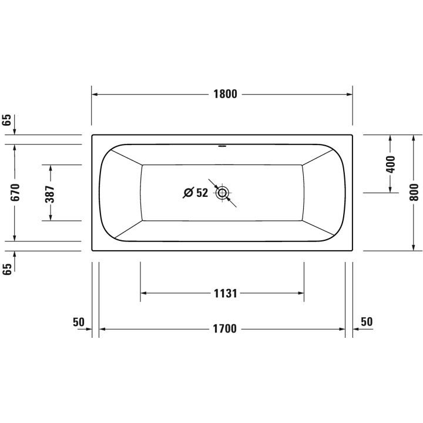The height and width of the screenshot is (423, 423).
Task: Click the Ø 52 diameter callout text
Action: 196,193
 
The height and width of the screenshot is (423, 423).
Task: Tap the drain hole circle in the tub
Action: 223,193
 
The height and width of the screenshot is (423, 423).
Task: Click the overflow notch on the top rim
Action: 222,144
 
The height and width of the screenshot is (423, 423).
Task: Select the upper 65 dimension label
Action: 8,121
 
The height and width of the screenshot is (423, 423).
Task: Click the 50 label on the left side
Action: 79,321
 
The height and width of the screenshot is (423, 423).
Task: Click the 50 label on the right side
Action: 366,321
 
